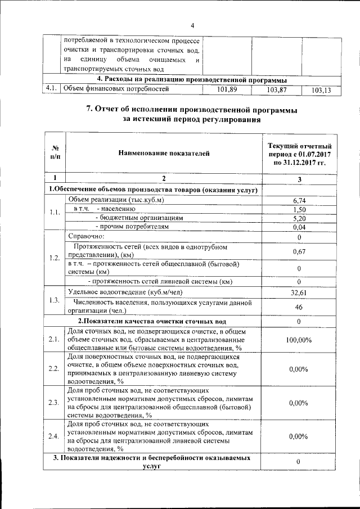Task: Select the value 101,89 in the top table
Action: click(226, 89)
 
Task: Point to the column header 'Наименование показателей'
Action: click(164, 152)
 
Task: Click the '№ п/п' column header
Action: click(56, 152)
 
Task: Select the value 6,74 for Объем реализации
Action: click(299, 200)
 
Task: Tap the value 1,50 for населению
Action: click(299, 209)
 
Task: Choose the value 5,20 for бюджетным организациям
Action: click(299, 218)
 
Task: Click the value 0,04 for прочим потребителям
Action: click(299, 227)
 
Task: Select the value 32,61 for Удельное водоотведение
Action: click(299, 292)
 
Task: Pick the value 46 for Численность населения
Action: click(299, 307)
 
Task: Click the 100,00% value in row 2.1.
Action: click(299, 340)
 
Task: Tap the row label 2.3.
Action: click(55, 403)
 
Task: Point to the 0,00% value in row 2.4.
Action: click(299, 436)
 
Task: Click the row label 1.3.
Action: click(55, 299)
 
